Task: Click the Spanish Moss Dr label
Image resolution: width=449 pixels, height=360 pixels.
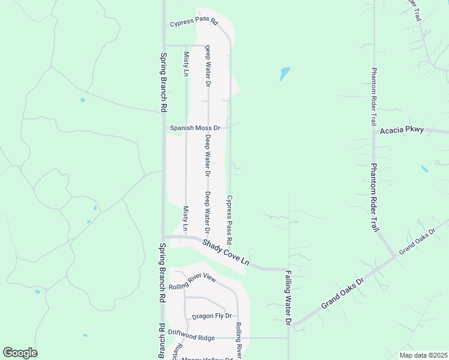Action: point(196,128)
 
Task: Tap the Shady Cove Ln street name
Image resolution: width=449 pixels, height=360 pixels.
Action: point(225,253)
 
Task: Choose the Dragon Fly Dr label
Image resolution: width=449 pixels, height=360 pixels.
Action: point(211,316)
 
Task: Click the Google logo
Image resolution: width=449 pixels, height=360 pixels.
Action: point(20,353)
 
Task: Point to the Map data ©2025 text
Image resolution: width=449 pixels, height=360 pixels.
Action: point(423,355)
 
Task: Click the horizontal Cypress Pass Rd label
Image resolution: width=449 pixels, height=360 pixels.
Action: point(193,23)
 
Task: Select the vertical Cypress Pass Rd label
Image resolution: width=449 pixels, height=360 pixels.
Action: point(229,219)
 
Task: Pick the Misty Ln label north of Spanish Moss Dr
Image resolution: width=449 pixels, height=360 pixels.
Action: point(186,64)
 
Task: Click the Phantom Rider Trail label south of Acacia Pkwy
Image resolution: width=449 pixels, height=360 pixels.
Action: point(374,197)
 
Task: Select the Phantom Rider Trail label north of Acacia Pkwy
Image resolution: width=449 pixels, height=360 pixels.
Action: point(373,95)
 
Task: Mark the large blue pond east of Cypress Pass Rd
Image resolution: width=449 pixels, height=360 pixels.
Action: point(285,74)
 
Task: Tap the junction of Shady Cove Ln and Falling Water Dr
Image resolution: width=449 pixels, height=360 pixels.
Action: point(289,269)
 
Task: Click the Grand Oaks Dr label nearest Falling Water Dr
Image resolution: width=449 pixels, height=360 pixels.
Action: point(343,293)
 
